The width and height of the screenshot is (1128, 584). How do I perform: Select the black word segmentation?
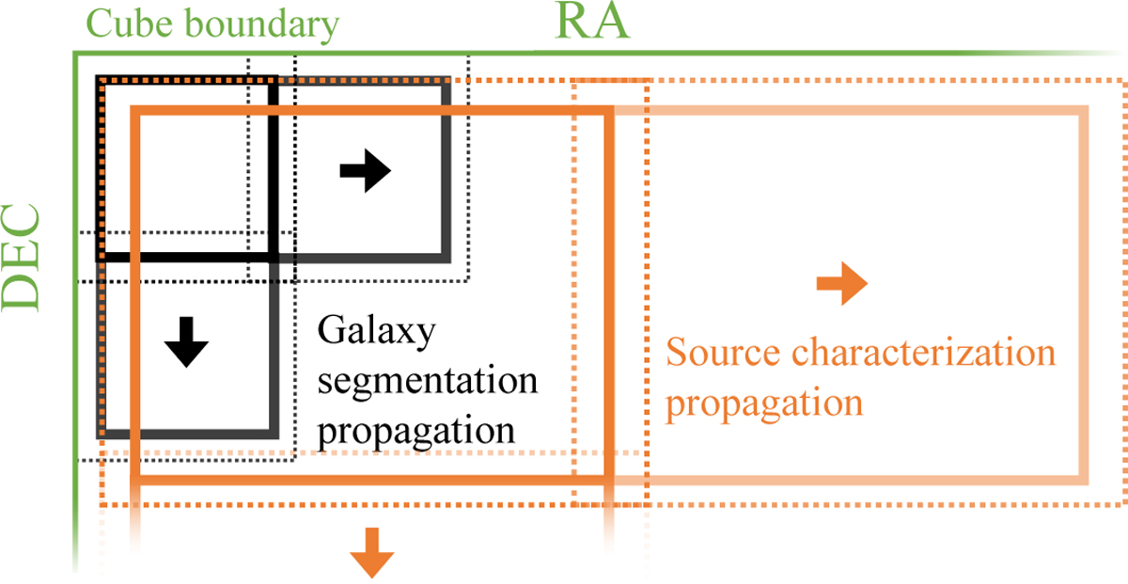tap(428, 382)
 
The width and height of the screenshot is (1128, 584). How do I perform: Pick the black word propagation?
tap(417, 431)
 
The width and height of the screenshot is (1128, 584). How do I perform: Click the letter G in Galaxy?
tap(330, 332)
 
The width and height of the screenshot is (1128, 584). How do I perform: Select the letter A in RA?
tap(612, 23)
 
